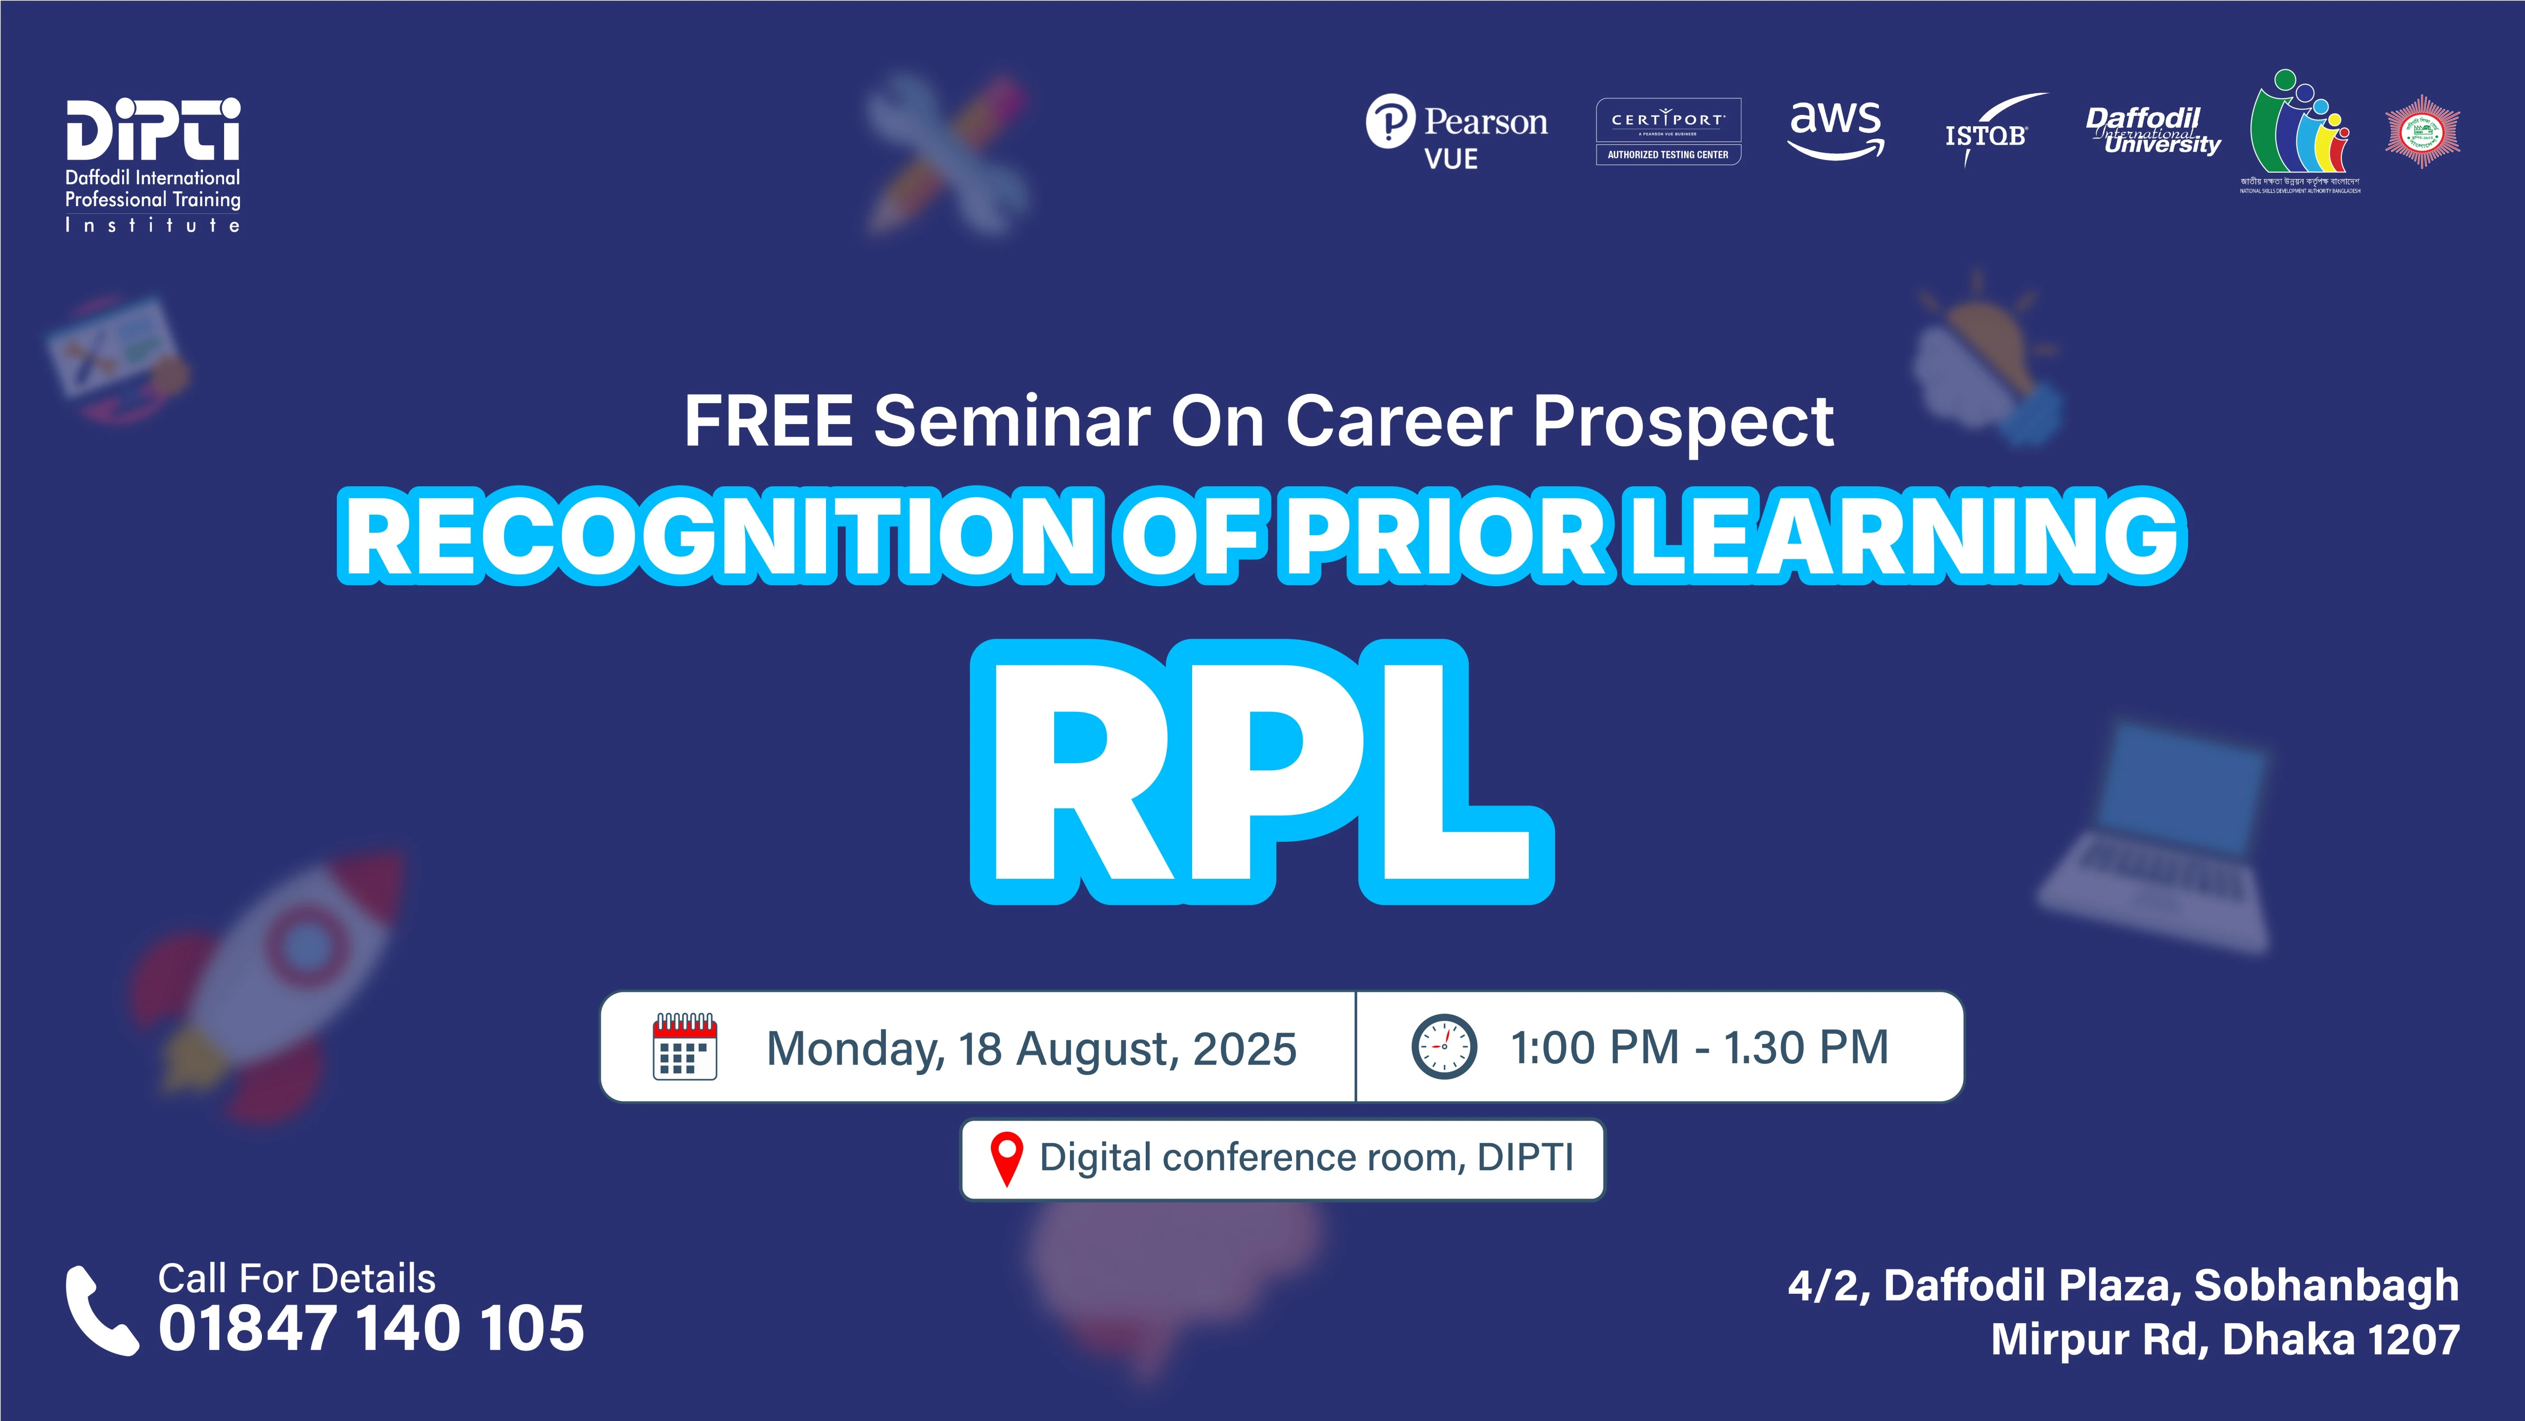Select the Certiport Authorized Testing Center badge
pos(1668,131)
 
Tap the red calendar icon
pos(684,1047)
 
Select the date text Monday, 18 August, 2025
pos(1031,1048)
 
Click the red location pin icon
pos(1007,1159)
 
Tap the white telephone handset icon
pos(101,1310)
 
